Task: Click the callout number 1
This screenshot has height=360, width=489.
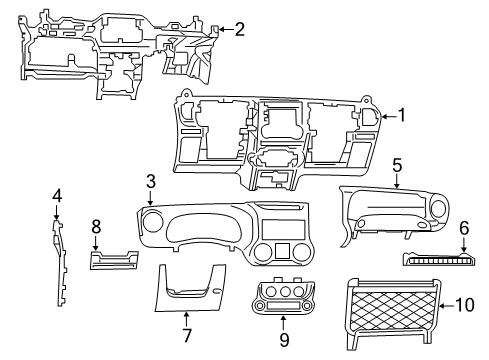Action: click(x=402, y=115)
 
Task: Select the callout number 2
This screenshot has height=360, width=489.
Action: click(x=239, y=29)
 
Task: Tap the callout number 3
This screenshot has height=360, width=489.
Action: click(x=150, y=181)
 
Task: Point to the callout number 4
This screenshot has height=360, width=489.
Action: click(x=57, y=195)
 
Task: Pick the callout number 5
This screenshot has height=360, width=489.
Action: click(x=397, y=164)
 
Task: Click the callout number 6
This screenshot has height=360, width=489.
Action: click(x=463, y=229)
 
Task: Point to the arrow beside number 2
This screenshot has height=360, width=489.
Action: click(x=224, y=29)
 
